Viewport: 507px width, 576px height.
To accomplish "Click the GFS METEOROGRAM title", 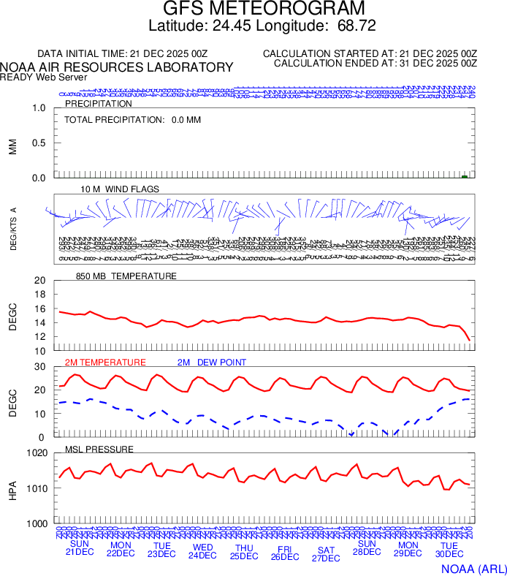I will (x=263, y=10).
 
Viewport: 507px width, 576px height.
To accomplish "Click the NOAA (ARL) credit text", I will (x=473, y=568).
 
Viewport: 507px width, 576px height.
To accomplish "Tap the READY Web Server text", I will (x=44, y=77).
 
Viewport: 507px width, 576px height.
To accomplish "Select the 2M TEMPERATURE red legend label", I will (x=105, y=362).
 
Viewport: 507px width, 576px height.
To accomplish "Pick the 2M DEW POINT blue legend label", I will (x=212, y=362).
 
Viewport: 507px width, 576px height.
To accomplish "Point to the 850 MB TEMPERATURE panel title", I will (x=126, y=276).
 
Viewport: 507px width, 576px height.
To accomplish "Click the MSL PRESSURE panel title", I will (x=99, y=448).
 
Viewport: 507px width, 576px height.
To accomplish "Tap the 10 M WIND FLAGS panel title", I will (x=120, y=189).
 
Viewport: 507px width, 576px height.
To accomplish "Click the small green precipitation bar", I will (x=465, y=176).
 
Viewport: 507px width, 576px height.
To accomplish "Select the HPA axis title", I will (x=12, y=489).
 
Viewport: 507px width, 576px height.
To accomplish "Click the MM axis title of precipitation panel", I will (x=12, y=145).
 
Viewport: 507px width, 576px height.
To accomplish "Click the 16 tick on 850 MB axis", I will (x=39, y=294).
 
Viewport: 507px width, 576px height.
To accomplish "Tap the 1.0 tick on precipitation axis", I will (x=39, y=108).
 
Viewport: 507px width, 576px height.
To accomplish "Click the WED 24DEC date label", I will (x=203, y=550).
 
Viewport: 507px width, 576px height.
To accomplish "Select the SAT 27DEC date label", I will (x=326, y=554).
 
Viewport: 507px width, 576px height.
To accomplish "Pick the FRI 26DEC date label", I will (x=285, y=552).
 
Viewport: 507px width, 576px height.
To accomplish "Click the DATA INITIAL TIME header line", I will (x=123, y=53).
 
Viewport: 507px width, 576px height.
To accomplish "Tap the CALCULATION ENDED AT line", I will (x=375, y=64).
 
